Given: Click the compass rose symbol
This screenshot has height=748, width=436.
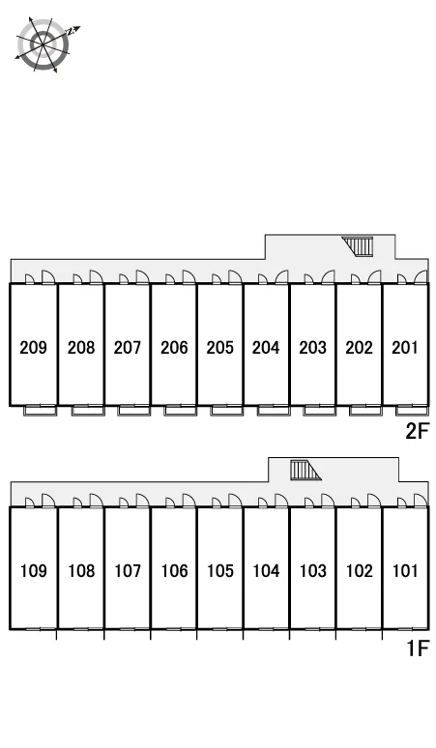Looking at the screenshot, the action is click(x=44, y=44).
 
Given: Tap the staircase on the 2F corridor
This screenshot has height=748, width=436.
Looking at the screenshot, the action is click(x=358, y=246).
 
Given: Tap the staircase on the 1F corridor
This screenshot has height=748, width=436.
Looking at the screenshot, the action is click(x=305, y=470).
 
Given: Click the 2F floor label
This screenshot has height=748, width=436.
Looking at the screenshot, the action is click(x=417, y=431).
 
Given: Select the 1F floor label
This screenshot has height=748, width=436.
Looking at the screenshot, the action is click(x=418, y=648).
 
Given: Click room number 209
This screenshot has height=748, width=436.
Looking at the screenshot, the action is click(x=34, y=347).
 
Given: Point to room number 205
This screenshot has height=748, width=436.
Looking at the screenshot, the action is click(x=219, y=347).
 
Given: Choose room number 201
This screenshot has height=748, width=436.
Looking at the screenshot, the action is click(x=404, y=347).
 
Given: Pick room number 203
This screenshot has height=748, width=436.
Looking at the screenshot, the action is click(x=312, y=347).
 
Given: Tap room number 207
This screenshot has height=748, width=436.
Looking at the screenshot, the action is click(x=128, y=347).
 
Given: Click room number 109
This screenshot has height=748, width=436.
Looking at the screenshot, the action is click(x=34, y=570).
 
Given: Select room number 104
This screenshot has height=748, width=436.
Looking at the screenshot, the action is click(x=266, y=570).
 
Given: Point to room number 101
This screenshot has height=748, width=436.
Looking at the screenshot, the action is click(x=404, y=570).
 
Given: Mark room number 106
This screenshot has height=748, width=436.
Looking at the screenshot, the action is click(x=174, y=570).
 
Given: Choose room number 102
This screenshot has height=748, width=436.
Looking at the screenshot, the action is click(x=359, y=570).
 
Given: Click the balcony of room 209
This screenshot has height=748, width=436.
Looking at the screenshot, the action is click(x=41, y=411).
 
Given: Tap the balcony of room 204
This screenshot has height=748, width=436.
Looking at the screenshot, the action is click(x=273, y=411).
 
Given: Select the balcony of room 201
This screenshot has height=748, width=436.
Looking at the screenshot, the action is click(x=412, y=411).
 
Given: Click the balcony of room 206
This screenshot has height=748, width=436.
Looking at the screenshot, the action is click(x=181, y=411).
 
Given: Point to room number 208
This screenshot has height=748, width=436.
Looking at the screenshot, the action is click(x=81, y=347).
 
